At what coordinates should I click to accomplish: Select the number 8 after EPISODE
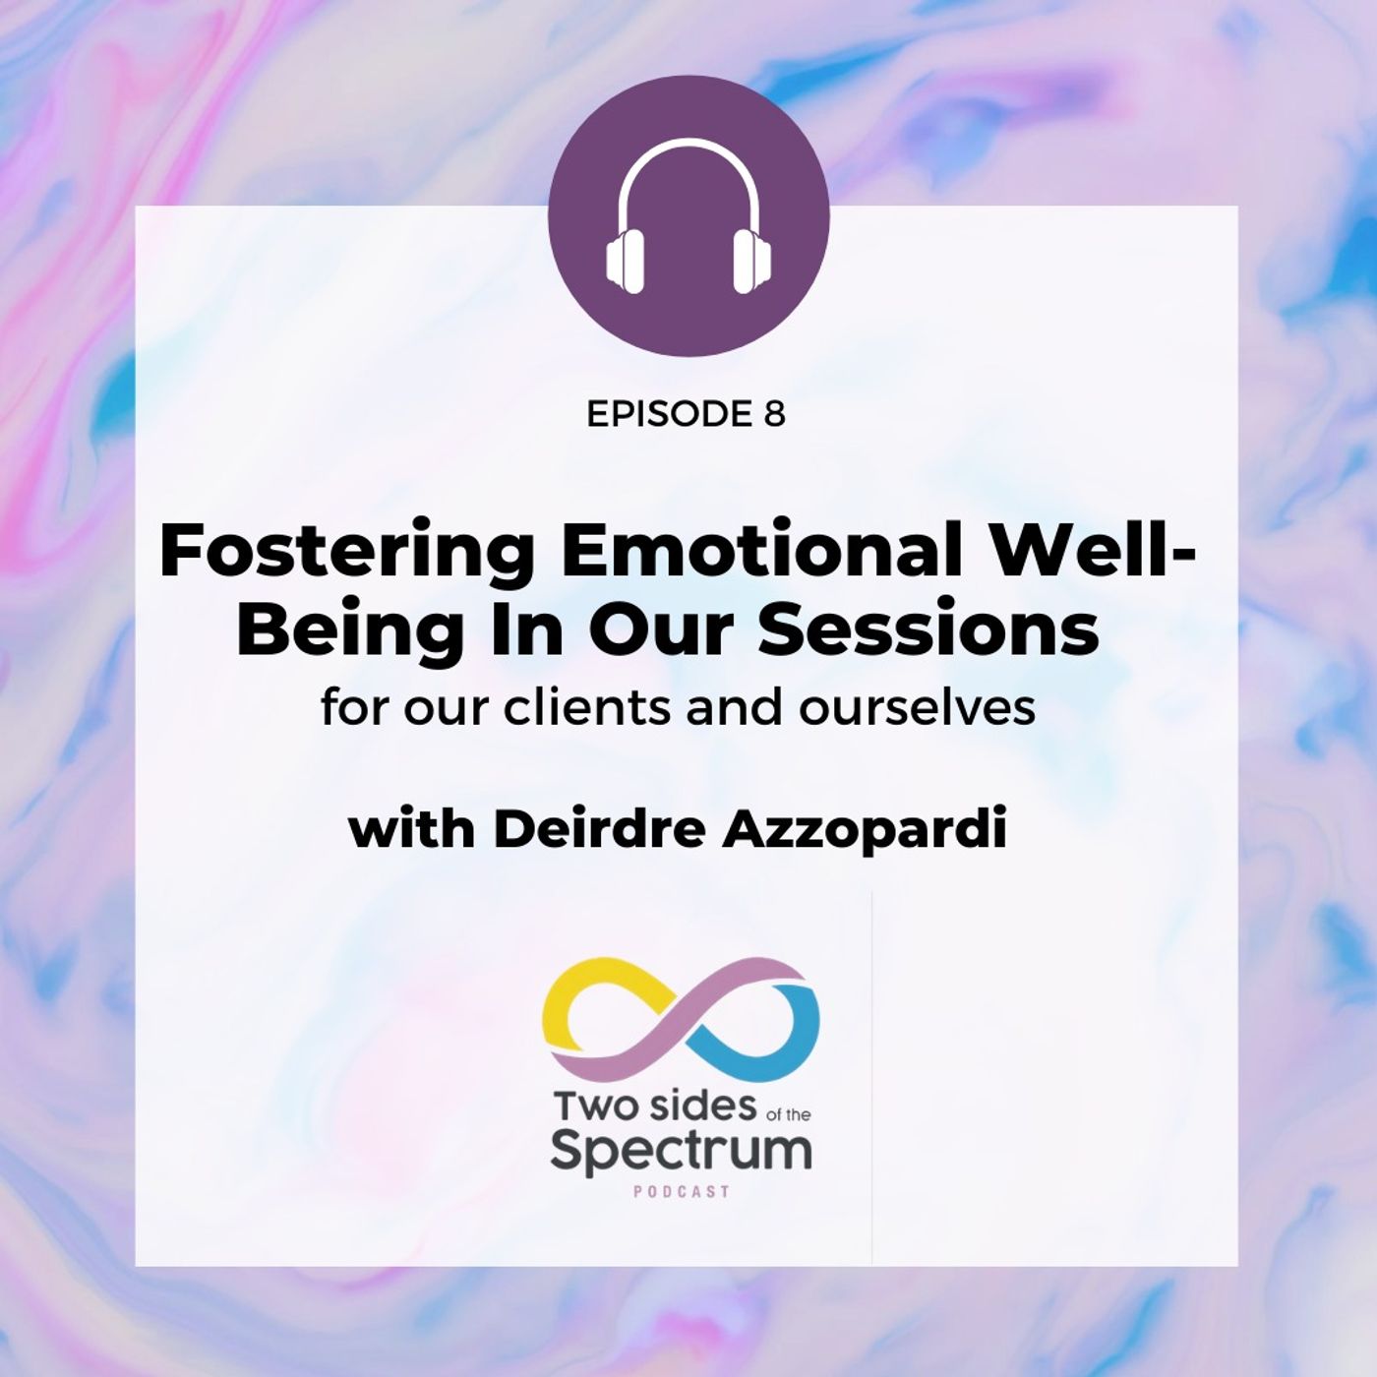point(773,414)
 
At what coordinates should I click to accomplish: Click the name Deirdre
point(601,831)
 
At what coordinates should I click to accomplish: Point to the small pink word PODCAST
point(681,1192)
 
